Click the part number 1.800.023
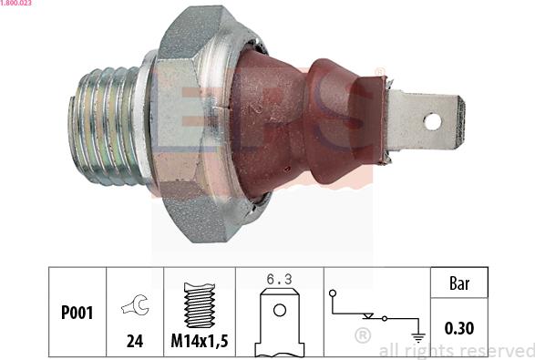tap(17, 5)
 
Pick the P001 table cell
tap(77, 312)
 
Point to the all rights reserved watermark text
tap(456, 350)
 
